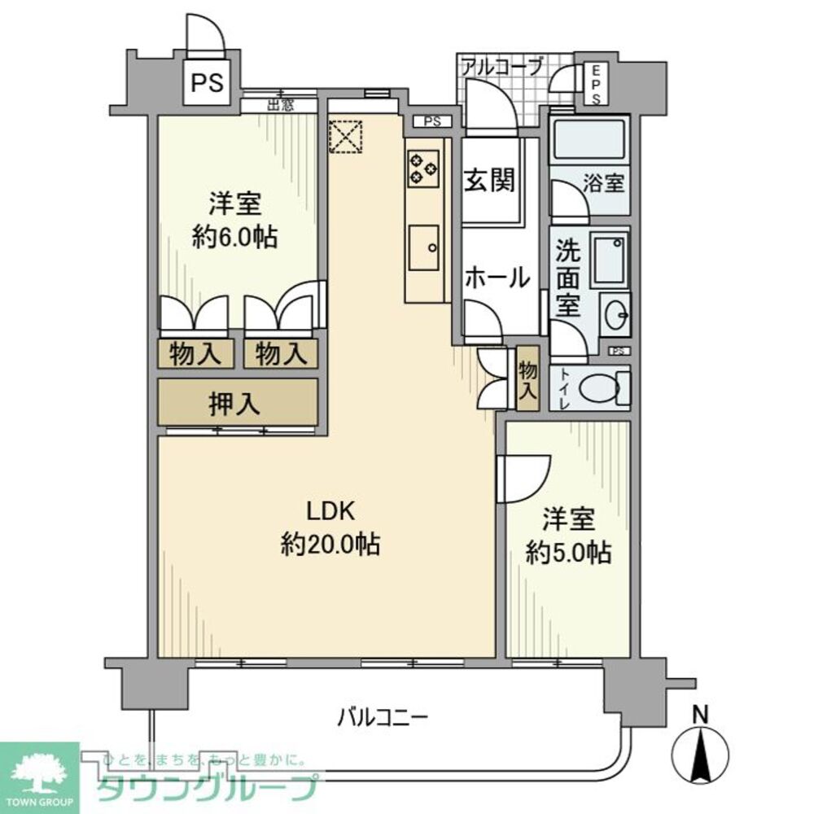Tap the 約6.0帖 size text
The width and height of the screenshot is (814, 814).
[234, 238]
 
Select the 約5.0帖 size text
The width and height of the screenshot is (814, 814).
[568, 553]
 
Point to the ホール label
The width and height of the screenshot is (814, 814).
[497, 278]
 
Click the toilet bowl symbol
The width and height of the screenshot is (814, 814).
[603, 387]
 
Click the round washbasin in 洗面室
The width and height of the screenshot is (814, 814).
[615, 313]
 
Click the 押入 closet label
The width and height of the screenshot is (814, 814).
[236, 404]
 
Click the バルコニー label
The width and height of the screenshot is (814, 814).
[383, 717]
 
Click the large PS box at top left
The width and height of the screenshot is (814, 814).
[208, 83]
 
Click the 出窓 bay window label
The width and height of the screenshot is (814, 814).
[281, 104]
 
